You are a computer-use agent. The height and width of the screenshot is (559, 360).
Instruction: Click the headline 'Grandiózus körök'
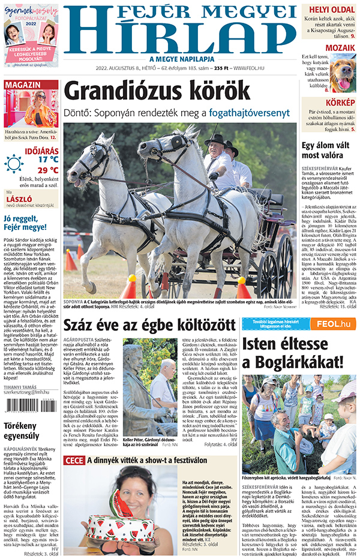(157, 91)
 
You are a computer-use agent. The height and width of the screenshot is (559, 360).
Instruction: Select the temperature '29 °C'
(48, 170)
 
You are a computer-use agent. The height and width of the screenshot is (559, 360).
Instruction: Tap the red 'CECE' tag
(74, 460)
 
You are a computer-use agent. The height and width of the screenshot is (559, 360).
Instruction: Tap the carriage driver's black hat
(215, 139)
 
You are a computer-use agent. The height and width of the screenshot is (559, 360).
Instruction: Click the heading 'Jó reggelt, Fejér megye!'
(27, 223)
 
